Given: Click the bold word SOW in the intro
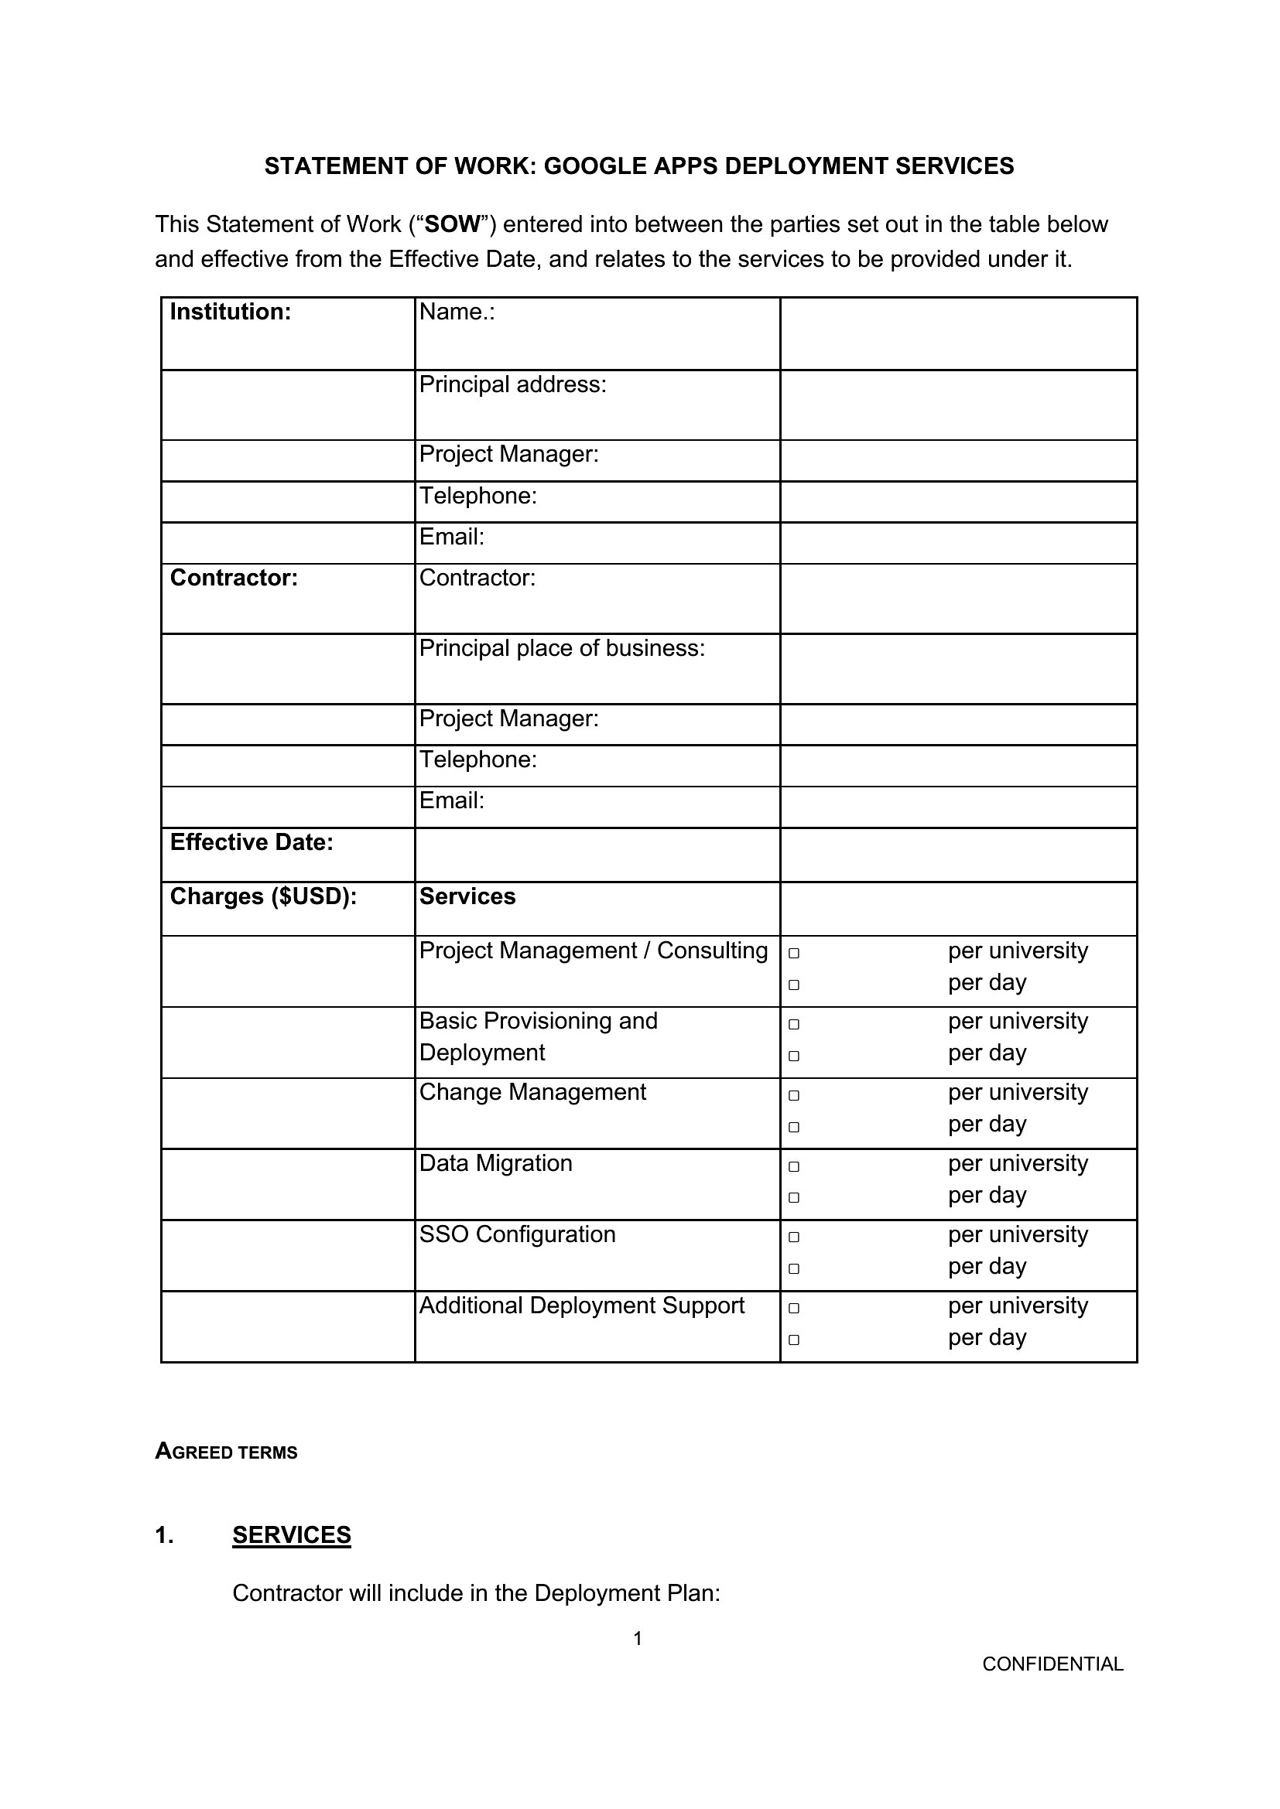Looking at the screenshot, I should pyautogui.click(x=453, y=224).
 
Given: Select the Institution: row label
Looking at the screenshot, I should pyautogui.click(x=230, y=312).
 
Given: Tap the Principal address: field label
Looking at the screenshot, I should pyautogui.click(x=512, y=384).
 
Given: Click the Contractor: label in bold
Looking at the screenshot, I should pyautogui.click(x=234, y=578).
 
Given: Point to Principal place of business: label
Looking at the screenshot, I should pyautogui.click(x=562, y=647).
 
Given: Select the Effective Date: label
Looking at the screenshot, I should pyautogui.click(x=252, y=842).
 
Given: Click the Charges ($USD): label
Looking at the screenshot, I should pyautogui.click(x=263, y=896).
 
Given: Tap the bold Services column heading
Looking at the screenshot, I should pyautogui.click(x=467, y=896).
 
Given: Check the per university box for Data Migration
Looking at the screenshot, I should pyautogui.click(x=794, y=1166).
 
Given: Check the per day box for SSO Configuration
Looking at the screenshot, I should pyautogui.click(x=794, y=1268).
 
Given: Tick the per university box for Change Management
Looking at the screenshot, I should pyautogui.click(x=794, y=1095).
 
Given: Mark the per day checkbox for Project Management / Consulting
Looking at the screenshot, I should pyautogui.click(x=794, y=985).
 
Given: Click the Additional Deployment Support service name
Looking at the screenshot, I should pyautogui.click(x=582, y=1306).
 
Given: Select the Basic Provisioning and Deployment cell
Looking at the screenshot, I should pyautogui.click(x=539, y=1036).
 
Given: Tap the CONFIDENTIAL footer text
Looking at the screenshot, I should pyautogui.click(x=1052, y=1664).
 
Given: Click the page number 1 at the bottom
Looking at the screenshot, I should pyautogui.click(x=638, y=1639).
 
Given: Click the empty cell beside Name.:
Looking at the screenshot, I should pyautogui.click(x=957, y=333).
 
